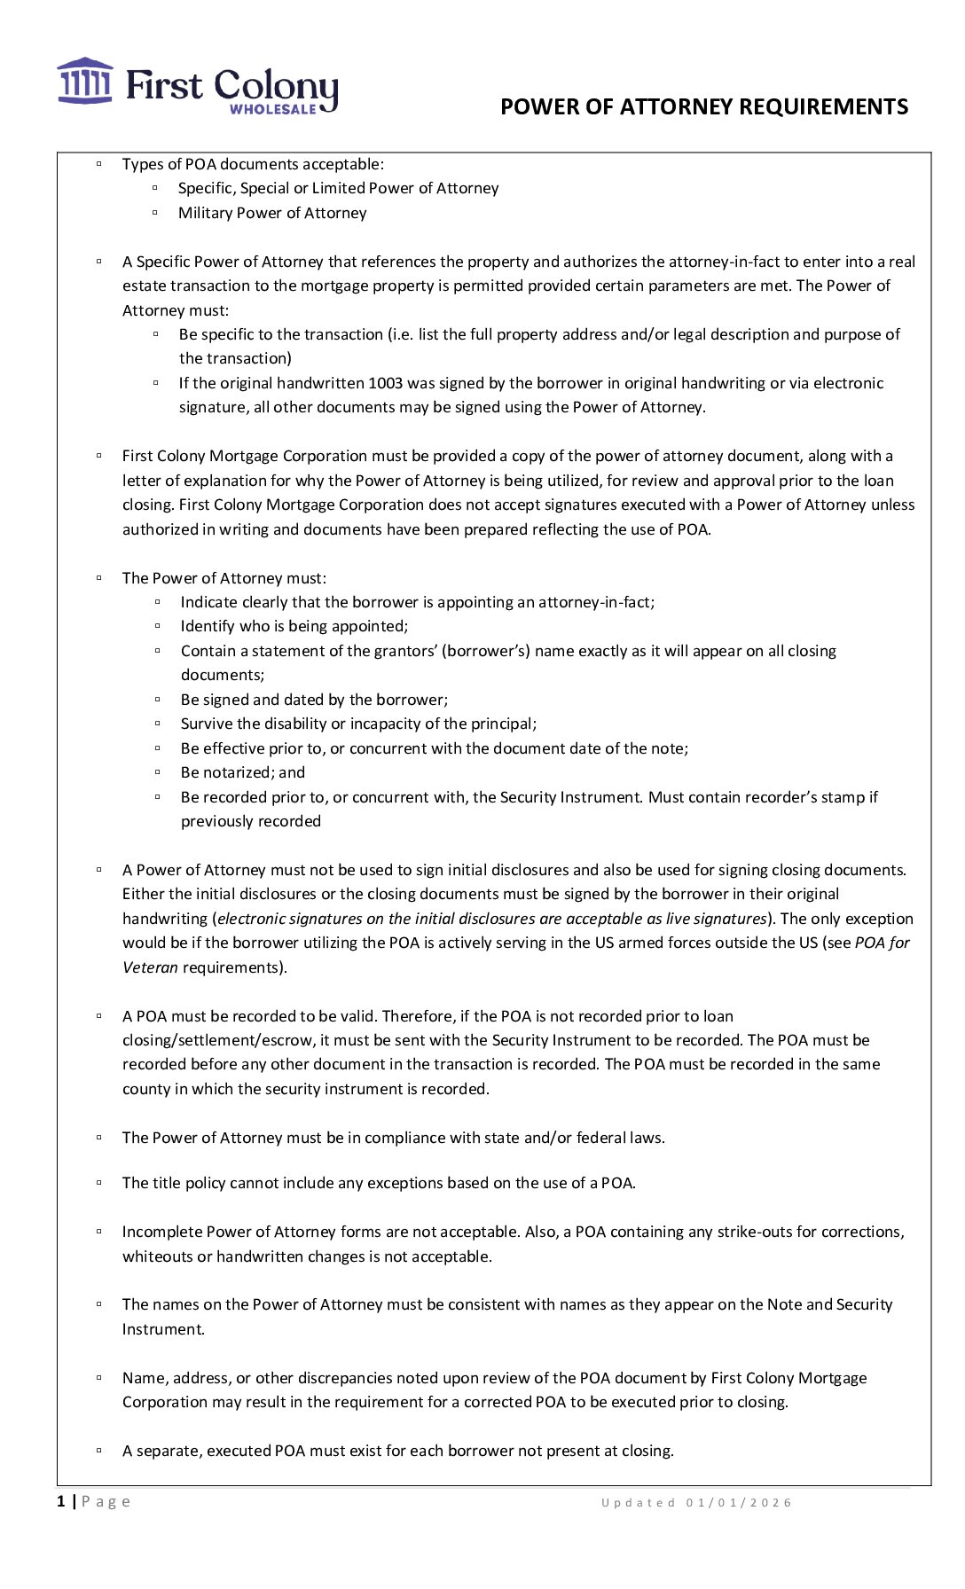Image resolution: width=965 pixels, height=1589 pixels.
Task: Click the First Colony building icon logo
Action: click(85, 82)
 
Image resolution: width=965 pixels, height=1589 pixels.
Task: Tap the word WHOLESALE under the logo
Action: click(272, 109)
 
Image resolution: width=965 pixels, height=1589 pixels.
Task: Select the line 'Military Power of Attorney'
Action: click(272, 213)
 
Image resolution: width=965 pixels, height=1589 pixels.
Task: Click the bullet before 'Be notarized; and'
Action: click(158, 772)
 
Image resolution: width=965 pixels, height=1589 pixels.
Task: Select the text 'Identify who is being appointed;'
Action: click(294, 626)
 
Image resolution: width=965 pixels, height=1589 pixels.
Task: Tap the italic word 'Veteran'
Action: click(150, 967)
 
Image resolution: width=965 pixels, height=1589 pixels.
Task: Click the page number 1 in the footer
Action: click(61, 1501)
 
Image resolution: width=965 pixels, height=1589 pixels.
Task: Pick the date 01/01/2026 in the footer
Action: click(739, 1502)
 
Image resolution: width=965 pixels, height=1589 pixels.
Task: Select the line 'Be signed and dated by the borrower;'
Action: click(314, 700)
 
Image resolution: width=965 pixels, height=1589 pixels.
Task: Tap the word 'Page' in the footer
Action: click(106, 1501)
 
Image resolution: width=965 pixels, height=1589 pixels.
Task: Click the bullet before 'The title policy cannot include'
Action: click(99, 1183)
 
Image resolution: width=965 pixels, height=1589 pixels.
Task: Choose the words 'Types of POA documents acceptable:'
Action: click(253, 164)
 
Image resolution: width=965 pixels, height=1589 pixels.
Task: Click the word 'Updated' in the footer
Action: click(638, 1502)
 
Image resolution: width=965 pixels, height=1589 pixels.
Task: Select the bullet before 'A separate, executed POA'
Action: click(99, 1451)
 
